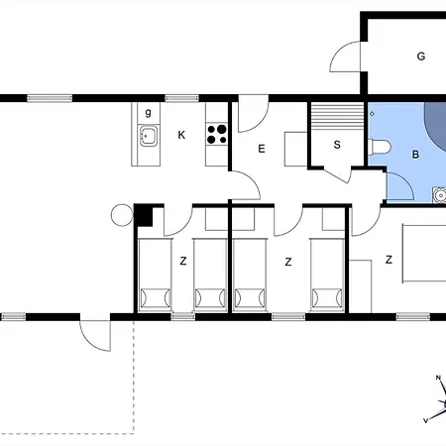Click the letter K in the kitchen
[x=181, y=135]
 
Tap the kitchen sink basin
[x=149, y=136]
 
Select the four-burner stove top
[x=217, y=134]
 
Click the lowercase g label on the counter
[x=149, y=113]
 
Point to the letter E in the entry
[x=262, y=149]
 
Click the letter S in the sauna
[x=337, y=145]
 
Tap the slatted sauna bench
[x=337, y=116]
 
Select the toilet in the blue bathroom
[x=380, y=148]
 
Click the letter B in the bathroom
[x=415, y=155]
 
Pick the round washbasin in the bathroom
[x=440, y=195]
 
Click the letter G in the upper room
[x=421, y=56]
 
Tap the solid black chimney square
[x=143, y=216]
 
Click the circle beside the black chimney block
[x=122, y=215]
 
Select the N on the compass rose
[x=438, y=378]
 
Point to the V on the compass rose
[x=426, y=420]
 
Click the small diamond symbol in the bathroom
[x=372, y=114]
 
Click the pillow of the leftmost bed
[x=155, y=297]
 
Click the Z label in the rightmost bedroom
[x=389, y=260]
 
